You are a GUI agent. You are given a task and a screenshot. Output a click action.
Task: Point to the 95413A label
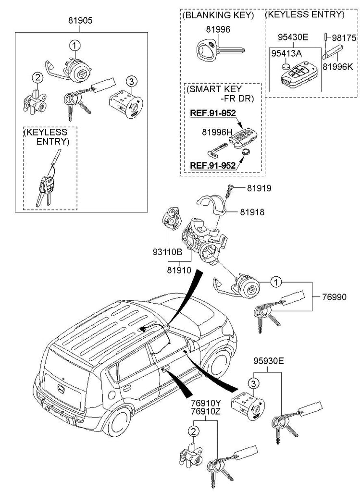tap(286, 53)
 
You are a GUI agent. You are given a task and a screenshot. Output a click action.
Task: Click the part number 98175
tap(343, 37)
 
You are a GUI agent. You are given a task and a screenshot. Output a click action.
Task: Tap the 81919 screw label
tap(260, 188)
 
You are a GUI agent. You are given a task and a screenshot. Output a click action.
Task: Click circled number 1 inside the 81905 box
tap(75, 45)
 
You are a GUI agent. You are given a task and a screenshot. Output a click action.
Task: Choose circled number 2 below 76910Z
tap(193, 431)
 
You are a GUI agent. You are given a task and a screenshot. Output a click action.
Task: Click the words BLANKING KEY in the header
tap(218, 15)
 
